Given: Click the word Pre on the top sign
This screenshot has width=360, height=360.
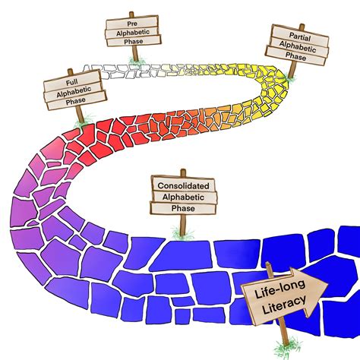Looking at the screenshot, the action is point(132,24).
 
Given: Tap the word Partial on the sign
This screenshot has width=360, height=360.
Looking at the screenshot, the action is point(300,36).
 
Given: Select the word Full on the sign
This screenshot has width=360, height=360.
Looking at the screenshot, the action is point(72,82).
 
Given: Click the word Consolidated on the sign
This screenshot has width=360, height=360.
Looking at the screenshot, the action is point(183,186).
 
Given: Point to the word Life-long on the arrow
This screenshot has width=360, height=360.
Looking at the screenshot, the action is point(279,289).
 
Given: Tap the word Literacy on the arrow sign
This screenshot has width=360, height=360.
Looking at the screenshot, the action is point(284,305).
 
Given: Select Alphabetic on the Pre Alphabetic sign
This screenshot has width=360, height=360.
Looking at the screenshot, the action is point(133,33).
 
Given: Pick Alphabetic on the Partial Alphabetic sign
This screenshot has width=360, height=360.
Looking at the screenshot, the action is point(298,47).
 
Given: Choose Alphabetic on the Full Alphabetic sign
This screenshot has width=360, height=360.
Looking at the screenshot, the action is point(74,92).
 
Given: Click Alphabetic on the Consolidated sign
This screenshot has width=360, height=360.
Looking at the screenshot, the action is point(183,197).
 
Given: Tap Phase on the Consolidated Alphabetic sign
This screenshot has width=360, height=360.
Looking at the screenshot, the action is point(183,208).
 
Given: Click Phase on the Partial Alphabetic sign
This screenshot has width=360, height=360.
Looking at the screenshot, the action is point(295,56).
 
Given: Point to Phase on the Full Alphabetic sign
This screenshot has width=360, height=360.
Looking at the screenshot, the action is point(75,101).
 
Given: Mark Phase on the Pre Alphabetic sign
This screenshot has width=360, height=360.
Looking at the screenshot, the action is point(134,41).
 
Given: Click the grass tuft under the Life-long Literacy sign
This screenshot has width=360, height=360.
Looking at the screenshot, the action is point(287,349).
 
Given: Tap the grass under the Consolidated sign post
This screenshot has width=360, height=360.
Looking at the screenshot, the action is point(182,233).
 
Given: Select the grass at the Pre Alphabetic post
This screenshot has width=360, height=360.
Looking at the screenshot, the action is point(137,60).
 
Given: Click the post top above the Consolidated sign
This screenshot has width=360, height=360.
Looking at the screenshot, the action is point(183,172).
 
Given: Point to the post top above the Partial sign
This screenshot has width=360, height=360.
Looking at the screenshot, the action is point(302,27).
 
